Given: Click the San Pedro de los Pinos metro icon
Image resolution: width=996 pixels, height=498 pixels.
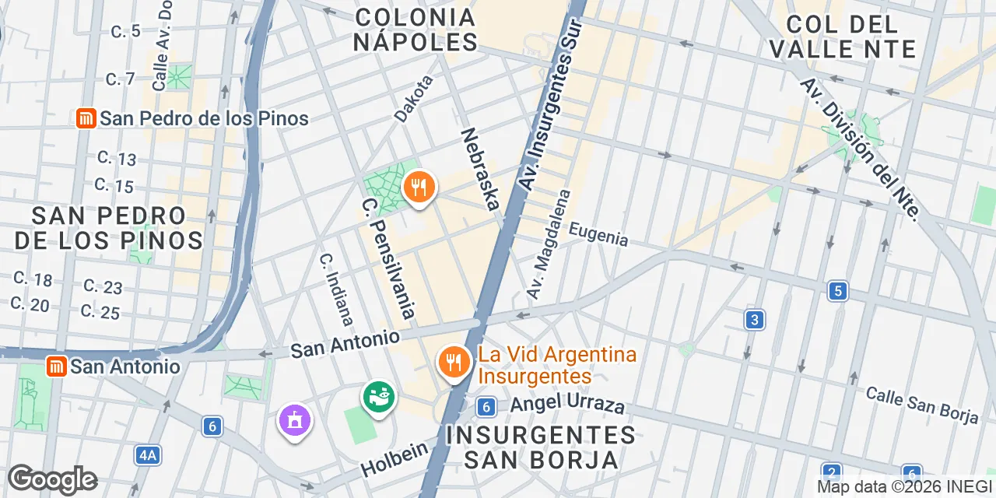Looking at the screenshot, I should click(86, 118).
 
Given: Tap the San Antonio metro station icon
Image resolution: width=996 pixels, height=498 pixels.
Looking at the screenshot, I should click(56, 366).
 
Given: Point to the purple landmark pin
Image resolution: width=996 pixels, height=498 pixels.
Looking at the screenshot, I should click(295, 421).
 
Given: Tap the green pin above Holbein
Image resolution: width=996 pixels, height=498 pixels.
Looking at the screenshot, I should click(379, 397).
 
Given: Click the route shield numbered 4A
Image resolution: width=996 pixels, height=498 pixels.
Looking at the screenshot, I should click(147, 455).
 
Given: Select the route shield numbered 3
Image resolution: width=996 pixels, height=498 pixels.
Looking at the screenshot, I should click(753, 319).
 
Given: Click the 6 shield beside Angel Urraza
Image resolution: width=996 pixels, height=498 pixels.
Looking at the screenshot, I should click(486, 406).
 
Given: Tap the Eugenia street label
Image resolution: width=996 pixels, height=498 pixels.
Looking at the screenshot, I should click(598, 234).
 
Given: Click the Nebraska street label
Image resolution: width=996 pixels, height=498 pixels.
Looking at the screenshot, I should click(479, 169).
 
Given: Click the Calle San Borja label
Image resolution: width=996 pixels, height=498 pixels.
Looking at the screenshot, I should click(922, 405).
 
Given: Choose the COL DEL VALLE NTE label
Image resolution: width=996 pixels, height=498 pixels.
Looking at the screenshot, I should click(842, 36).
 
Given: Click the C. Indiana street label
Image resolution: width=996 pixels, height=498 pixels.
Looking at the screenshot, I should click(337, 288).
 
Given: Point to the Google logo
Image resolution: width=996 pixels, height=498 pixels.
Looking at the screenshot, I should click(52, 479).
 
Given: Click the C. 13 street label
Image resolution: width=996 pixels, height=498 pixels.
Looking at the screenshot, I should click(117, 158).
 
